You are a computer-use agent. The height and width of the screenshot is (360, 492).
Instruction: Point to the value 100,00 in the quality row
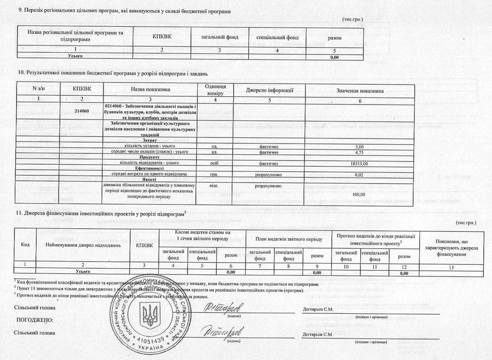359,194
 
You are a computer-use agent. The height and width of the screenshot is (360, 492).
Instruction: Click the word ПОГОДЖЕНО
35,320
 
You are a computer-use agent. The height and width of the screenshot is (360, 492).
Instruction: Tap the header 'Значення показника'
360,91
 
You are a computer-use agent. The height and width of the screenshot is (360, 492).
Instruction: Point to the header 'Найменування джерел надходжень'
79,245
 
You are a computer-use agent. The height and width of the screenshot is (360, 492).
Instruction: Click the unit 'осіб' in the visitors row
215,163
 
